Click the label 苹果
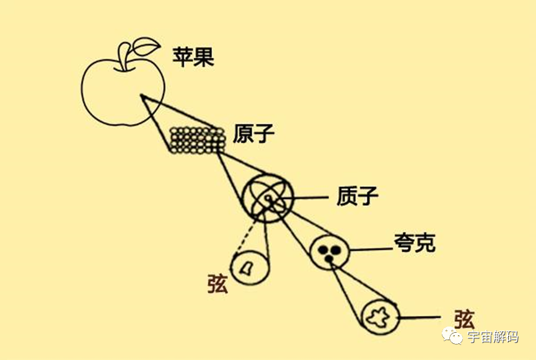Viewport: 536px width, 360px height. (x=193, y=57)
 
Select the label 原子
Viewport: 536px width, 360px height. (x=253, y=133)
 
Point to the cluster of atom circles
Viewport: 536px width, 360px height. (x=198, y=140)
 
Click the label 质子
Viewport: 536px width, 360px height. (x=357, y=196)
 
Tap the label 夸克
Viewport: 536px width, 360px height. (x=415, y=243)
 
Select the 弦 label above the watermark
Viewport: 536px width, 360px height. (x=464, y=319)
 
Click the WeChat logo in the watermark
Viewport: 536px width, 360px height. (x=452, y=336)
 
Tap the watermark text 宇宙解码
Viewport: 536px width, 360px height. (x=493, y=337)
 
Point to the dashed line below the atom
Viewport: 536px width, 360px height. (x=245, y=238)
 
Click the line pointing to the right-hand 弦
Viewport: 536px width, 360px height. (x=420, y=318)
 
